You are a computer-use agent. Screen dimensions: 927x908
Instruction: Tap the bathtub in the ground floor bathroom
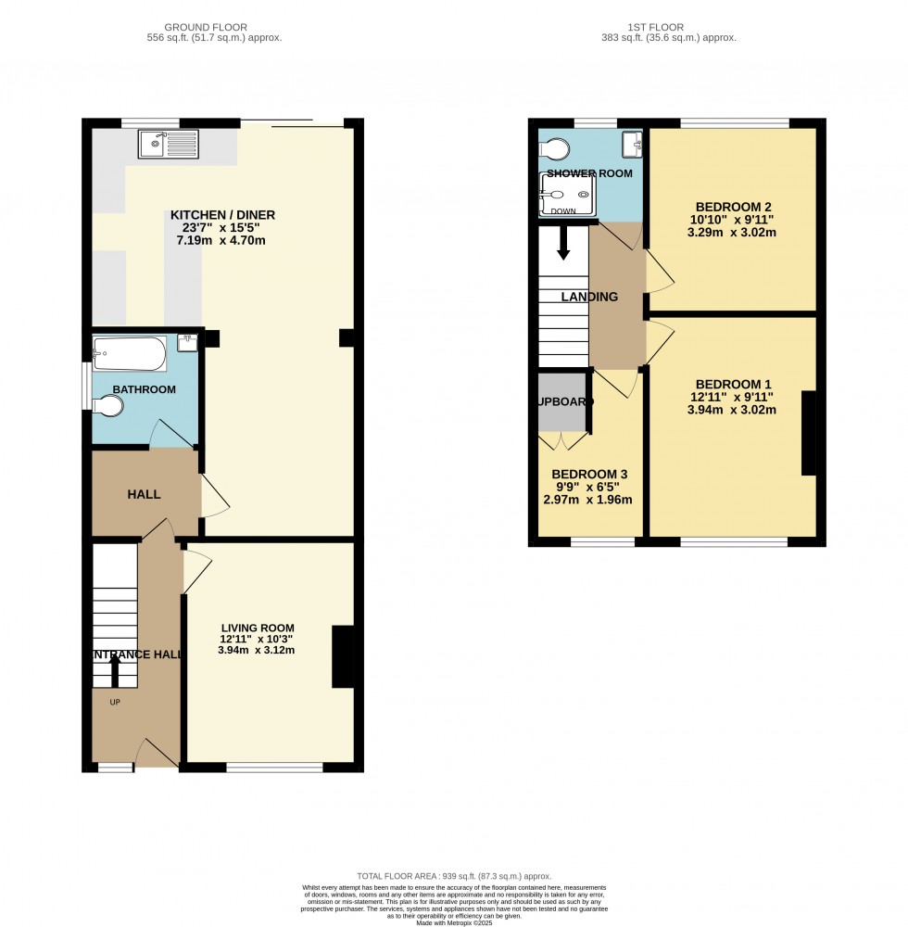(x=130, y=352)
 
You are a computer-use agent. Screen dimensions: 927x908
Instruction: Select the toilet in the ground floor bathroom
(x=107, y=406)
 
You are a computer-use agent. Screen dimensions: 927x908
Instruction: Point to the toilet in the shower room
(x=556, y=149)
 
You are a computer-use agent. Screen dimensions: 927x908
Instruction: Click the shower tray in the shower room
(x=563, y=196)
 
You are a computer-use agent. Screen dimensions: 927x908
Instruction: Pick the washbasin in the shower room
(x=632, y=142)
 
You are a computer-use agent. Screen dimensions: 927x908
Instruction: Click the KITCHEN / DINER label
(x=222, y=215)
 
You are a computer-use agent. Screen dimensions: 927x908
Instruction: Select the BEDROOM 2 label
(x=733, y=207)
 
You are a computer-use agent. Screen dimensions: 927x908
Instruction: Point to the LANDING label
(x=589, y=298)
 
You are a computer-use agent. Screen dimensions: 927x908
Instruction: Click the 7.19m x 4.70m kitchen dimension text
(x=222, y=239)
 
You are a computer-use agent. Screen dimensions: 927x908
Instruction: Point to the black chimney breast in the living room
(x=342, y=657)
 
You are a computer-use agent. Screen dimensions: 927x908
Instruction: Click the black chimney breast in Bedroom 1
(x=808, y=434)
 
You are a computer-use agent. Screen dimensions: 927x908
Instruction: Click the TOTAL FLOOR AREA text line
(x=454, y=876)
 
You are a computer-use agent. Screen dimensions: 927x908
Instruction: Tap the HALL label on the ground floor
(x=144, y=494)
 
